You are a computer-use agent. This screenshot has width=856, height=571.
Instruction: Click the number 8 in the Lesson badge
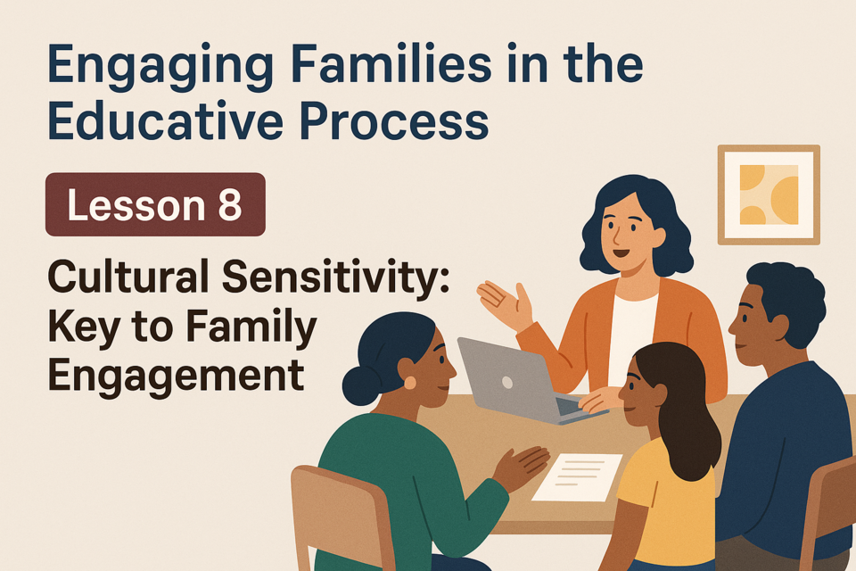coord(229,205)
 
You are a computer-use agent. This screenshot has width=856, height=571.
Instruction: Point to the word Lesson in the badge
coord(136,205)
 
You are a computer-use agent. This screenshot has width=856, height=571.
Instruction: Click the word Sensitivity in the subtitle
coord(335,277)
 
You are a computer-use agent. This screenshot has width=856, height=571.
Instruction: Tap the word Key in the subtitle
coord(83,327)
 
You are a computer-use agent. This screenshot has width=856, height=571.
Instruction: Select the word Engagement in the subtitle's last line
coord(176,377)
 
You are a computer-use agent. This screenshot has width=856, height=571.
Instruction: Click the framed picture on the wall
coord(769,194)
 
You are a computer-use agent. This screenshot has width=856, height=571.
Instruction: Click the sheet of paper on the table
coord(578,476)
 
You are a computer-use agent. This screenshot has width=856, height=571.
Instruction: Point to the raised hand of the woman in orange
coord(505,304)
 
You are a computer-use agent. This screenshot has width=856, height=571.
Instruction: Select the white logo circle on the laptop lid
coord(507,383)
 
